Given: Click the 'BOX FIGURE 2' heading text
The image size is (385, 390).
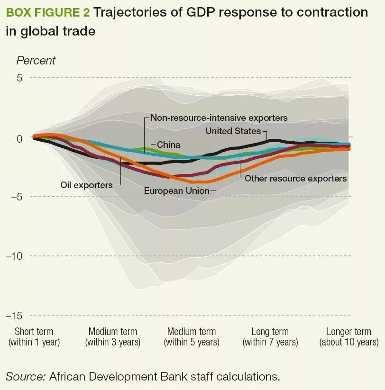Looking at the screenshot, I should pyautogui.click(x=48, y=12).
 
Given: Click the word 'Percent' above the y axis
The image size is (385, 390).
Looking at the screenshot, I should pyautogui.click(x=36, y=61).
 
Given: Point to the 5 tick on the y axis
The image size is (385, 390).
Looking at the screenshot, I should pyautogui.click(x=19, y=78).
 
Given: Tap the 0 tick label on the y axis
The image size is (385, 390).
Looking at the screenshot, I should pyautogui.click(x=19, y=138).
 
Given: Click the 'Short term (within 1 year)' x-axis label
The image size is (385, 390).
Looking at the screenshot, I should pyautogui.click(x=34, y=336).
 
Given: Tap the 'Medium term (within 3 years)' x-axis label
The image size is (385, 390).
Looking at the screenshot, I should pyautogui.click(x=113, y=336).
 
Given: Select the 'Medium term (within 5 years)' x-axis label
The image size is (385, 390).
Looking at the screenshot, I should pyautogui.click(x=192, y=336).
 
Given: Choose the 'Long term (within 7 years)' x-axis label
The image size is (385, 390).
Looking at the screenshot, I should pyautogui.click(x=270, y=336).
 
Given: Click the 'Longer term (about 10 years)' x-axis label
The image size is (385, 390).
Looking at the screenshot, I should pyautogui.click(x=349, y=336).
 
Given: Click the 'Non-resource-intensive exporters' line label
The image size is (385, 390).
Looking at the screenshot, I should pyautogui.click(x=219, y=118).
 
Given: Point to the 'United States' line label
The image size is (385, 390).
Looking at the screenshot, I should pyautogui.click(x=233, y=131).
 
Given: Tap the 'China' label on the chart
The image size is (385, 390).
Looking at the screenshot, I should pyautogui.click(x=168, y=145).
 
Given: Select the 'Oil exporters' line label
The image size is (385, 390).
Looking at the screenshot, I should pyautogui.click(x=86, y=185).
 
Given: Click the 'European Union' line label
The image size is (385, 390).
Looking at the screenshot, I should pyautogui.click(x=177, y=190).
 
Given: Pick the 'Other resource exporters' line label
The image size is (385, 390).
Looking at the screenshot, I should pyautogui.click(x=296, y=179).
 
